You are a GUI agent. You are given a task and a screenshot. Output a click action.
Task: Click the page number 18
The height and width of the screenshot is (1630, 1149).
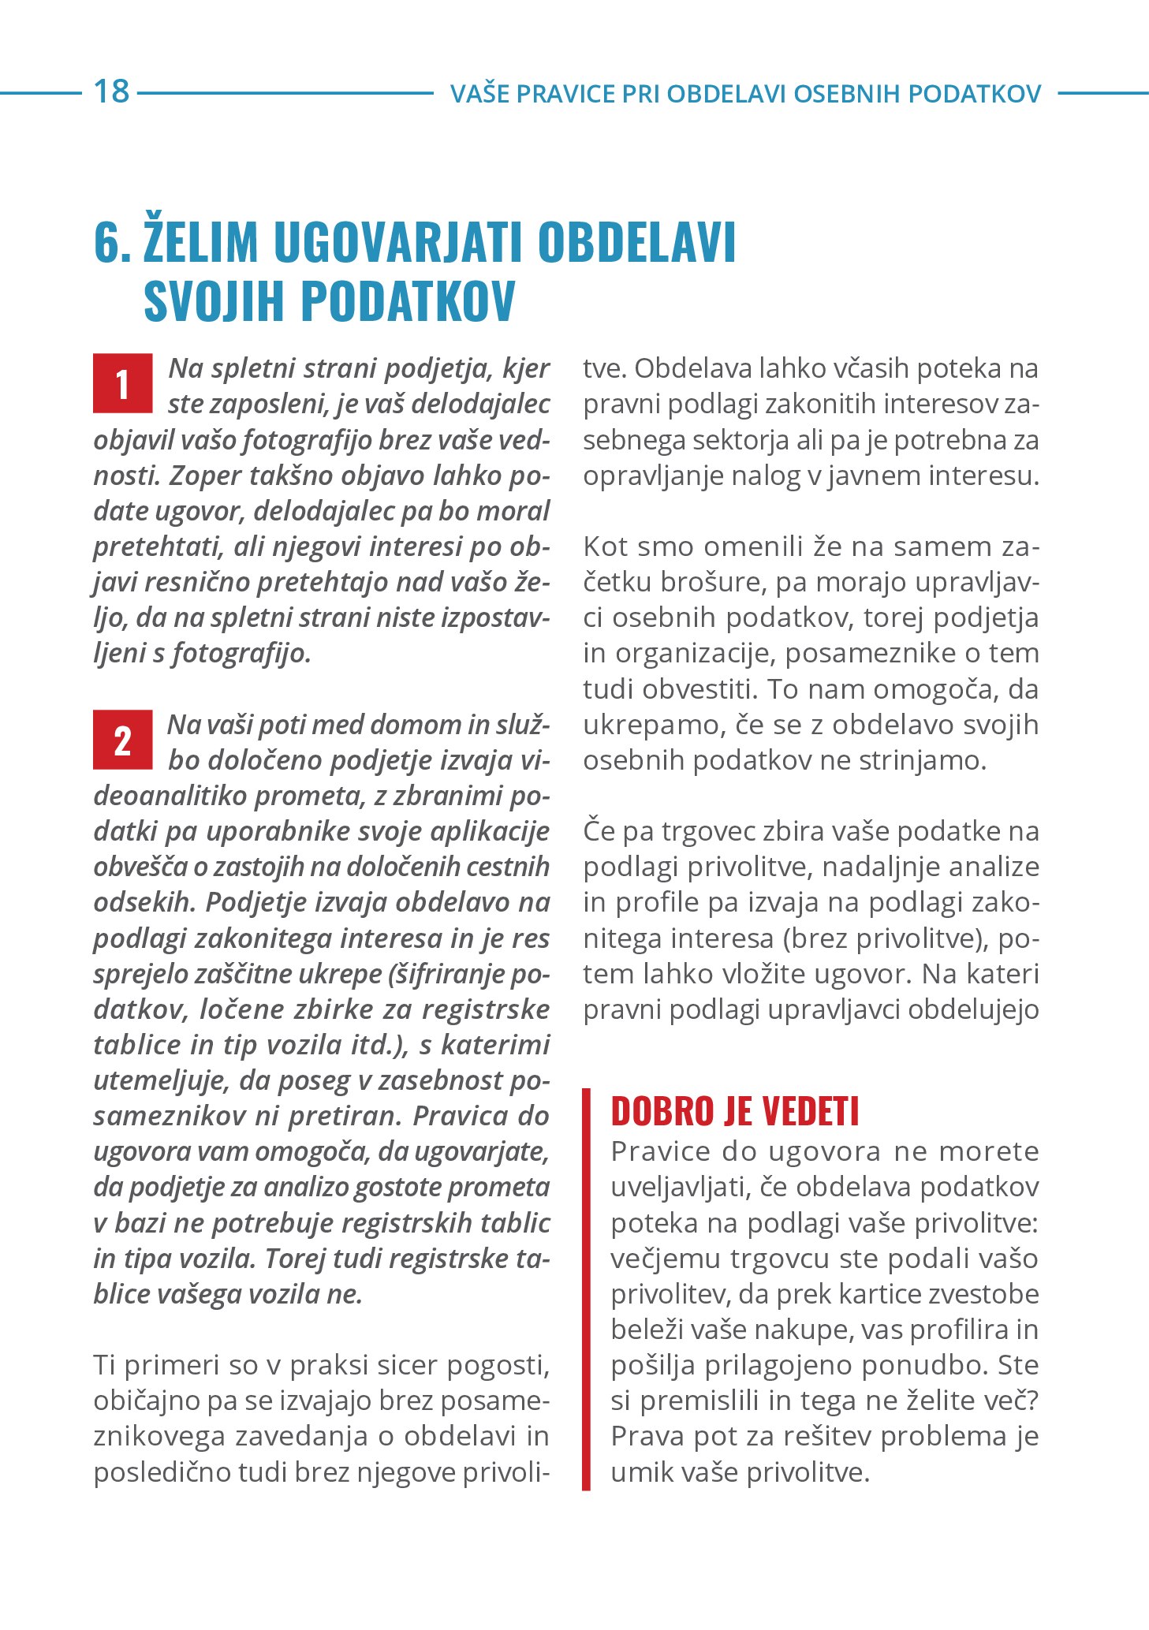(111, 91)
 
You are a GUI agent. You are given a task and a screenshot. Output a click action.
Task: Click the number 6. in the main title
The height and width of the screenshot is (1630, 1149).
(112, 242)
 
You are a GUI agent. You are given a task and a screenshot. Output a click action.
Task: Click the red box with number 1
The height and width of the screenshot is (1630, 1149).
(122, 384)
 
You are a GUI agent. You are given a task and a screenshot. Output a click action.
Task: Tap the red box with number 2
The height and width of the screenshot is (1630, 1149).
(122, 740)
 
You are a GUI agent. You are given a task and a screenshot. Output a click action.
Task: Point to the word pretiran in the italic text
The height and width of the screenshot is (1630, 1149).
(346, 1116)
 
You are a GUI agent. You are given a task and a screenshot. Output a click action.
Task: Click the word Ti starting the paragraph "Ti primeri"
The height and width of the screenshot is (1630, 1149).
(106, 1365)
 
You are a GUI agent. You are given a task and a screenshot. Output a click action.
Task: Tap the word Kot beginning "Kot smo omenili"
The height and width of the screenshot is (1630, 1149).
(606, 546)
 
